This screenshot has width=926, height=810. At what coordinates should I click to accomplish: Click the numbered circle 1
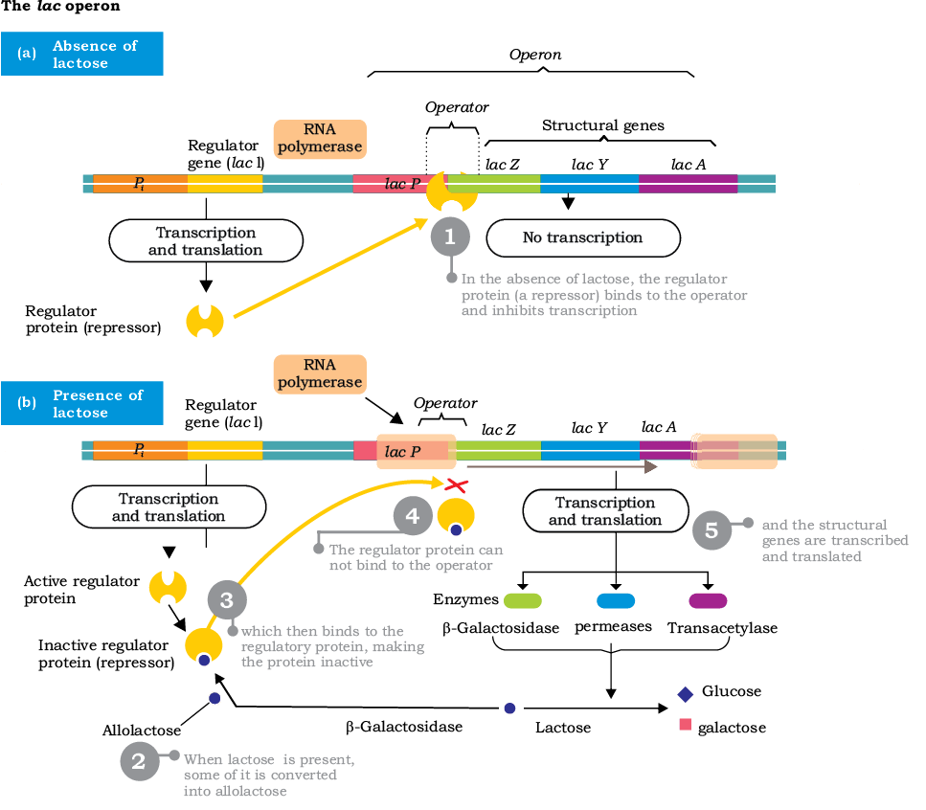(x=450, y=236)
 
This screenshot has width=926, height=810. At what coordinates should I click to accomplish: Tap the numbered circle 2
(x=140, y=761)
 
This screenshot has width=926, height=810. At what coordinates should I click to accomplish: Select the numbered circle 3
(x=227, y=599)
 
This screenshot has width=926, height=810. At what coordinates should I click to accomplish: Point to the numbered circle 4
(x=413, y=516)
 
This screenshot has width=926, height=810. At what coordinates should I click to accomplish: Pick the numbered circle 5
(x=711, y=530)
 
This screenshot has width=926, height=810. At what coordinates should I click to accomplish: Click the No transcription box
(x=583, y=237)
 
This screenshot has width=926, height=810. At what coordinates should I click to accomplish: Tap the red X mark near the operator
(x=456, y=485)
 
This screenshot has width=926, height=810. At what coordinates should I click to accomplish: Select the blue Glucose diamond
(x=685, y=694)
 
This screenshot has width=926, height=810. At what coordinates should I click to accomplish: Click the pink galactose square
(x=685, y=725)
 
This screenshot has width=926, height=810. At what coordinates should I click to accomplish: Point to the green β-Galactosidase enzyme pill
(x=523, y=601)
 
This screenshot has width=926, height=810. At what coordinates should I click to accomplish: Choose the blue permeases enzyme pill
(x=616, y=601)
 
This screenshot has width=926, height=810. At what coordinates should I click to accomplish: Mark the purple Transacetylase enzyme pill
(x=708, y=601)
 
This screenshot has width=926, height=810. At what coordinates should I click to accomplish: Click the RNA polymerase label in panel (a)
(x=320, y=139)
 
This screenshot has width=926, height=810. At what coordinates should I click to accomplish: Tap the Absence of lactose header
(x=82, y=54)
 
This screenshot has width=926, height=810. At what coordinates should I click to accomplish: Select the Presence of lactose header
(x=82, y=403)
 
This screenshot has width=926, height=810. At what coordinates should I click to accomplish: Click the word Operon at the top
(x=535, y=55)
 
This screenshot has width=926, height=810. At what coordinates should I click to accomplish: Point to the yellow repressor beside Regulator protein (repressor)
(x=205, y=321)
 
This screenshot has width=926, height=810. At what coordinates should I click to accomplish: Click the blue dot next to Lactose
(x=509, y=708)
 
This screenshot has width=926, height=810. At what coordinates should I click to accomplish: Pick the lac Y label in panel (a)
(x=589, y=165)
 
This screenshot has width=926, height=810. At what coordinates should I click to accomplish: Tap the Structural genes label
(x=603, y=125)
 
